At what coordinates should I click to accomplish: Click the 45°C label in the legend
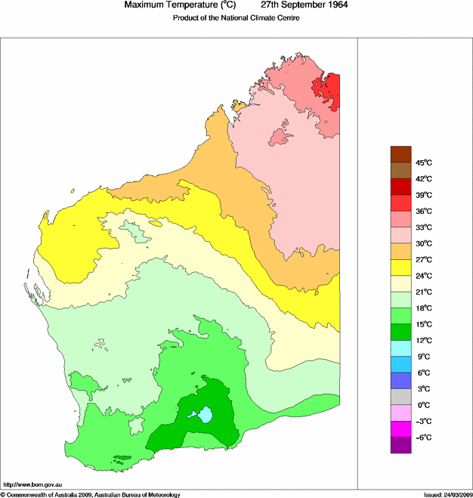(423, 162)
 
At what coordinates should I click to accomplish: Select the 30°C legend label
(423, 243)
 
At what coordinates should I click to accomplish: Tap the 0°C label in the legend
(423, 405)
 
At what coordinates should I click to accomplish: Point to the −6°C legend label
(423, 438)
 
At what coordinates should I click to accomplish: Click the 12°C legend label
(423, 340)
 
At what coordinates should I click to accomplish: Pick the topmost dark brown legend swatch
(400, 154)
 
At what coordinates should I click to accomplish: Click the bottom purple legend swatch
(400, 446)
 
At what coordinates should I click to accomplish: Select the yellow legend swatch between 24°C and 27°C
(400, 268)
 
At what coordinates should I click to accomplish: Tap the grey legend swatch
(400, 397)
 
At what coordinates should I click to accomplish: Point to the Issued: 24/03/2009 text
(447, 494)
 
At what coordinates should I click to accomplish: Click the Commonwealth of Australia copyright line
(91, 494)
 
